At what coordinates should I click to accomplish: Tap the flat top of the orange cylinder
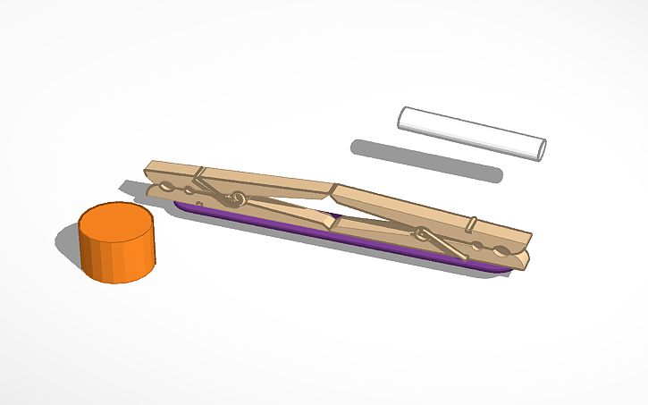(115, 223)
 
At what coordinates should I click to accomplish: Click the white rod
(471, 132)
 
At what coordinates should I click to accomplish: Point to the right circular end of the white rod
(540, 148)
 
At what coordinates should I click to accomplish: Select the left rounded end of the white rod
(404, 116)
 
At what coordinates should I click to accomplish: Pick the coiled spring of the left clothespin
(238, 198)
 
